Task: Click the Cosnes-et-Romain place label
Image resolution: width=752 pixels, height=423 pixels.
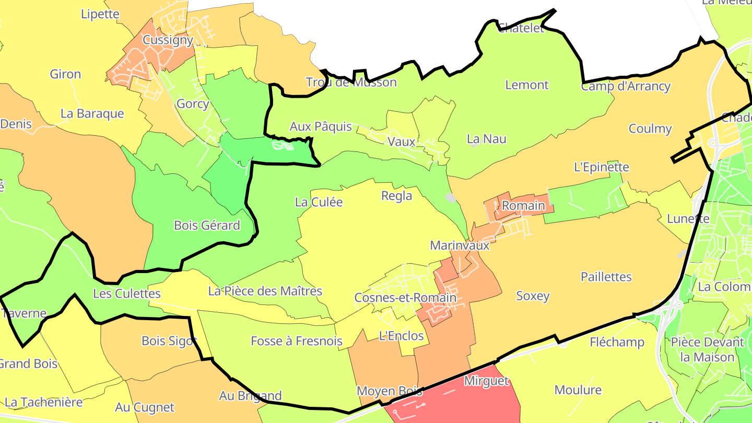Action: tap(405, 298)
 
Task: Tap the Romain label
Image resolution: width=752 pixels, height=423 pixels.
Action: tap(523, 206)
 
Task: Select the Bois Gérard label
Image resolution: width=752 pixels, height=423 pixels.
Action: tap(207, 226)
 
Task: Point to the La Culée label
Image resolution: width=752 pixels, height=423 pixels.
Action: tap(319, 202)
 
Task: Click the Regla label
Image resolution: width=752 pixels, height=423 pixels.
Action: tap(397, 196)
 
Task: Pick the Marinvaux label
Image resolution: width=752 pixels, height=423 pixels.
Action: tap(460, 245)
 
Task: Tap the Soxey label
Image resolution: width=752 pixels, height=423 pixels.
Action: tap(533, 296)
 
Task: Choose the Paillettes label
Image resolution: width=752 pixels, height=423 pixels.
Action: tap(606, 277)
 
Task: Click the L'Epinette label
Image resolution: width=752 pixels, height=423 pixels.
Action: tap(601, 167)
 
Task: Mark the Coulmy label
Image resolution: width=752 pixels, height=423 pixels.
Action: tap(650, 128)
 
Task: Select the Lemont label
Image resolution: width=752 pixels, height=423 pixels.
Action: tap(527, 85)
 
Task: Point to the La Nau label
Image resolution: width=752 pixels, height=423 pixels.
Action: tap(486, 139)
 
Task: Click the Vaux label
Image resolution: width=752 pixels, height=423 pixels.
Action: tap(402, 142)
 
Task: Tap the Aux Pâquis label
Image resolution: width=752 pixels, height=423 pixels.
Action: tap(321, 127)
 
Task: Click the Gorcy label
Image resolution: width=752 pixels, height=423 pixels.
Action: tap(193, 103)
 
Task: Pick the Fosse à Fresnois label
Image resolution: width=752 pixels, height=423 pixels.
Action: tap(296, 342)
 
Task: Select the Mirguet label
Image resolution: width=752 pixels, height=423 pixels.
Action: tap(486, 381)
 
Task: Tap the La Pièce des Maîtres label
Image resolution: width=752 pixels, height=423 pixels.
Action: tap(265, 291)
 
